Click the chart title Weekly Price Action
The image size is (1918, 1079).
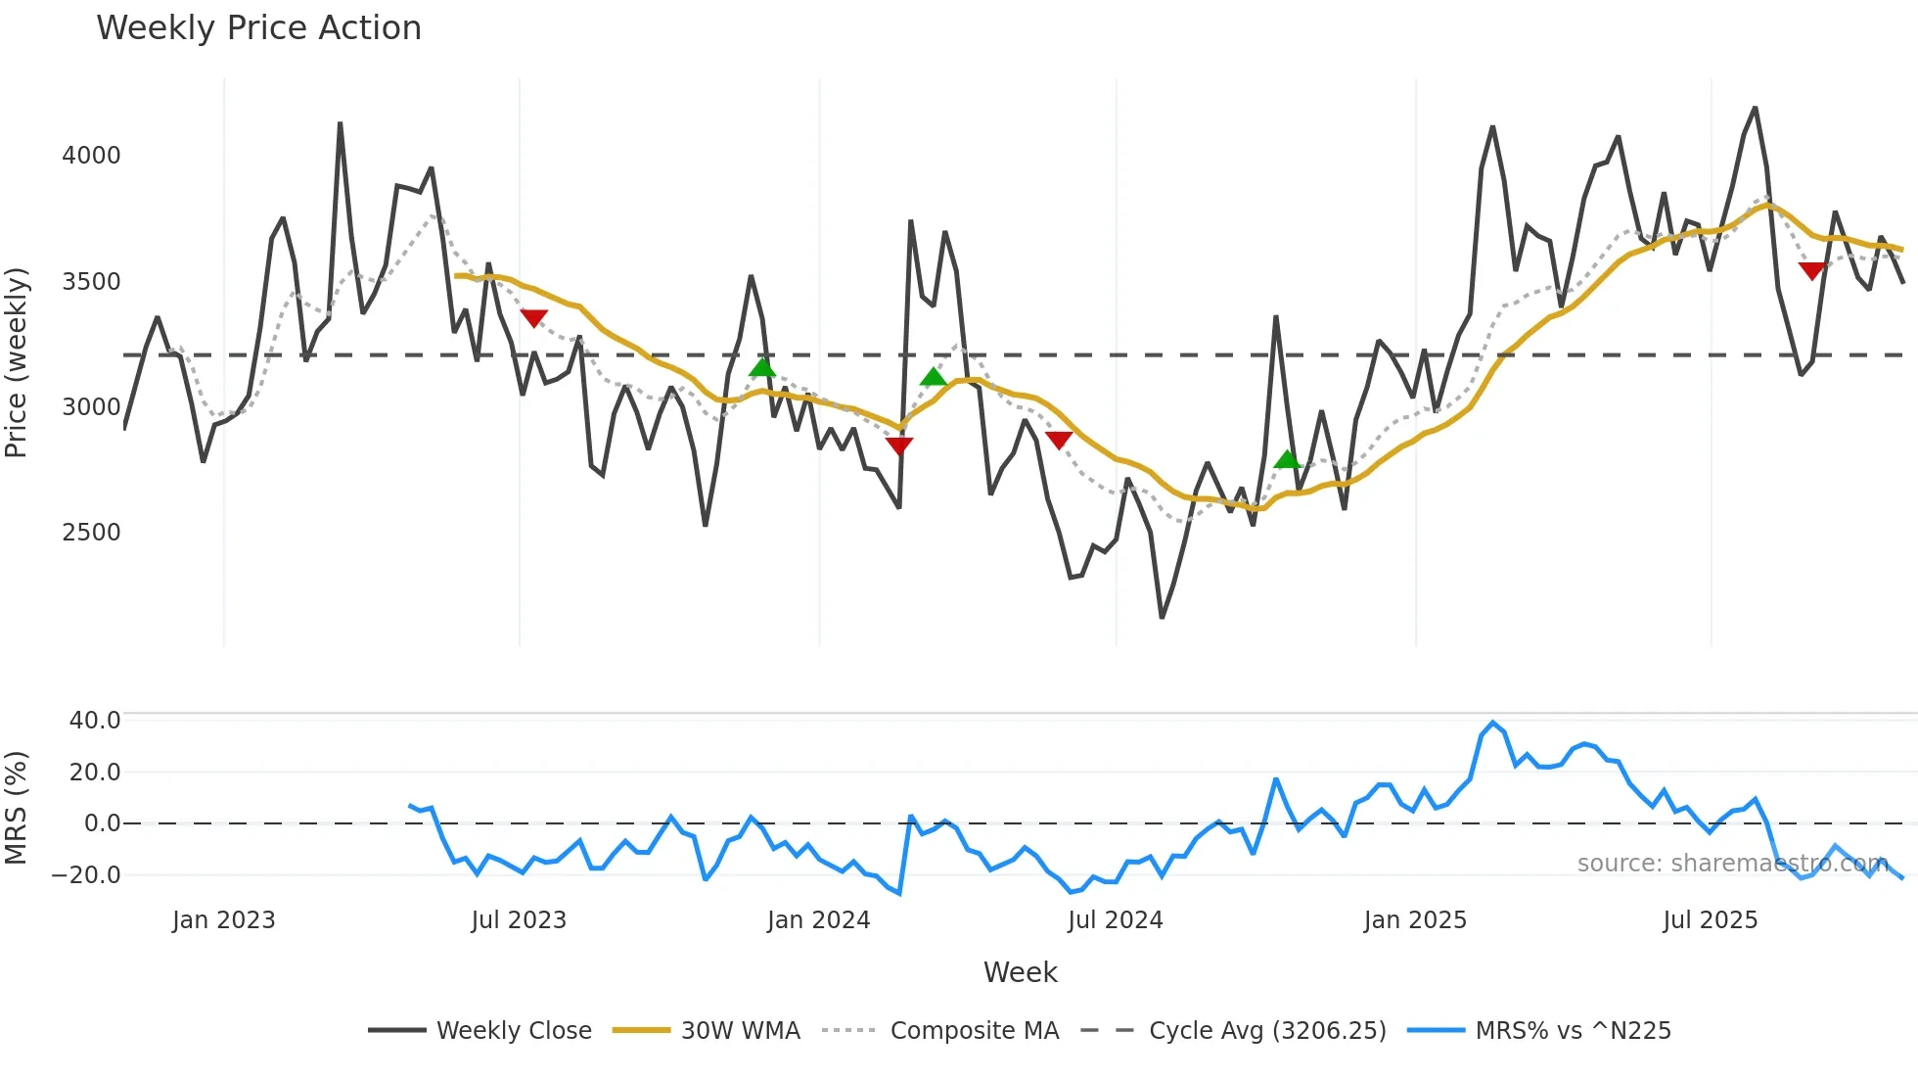click(x=258, y=28)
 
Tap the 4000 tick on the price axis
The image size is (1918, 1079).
click(x=91, y=156)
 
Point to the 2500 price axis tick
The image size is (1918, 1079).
click(x=91, y=533)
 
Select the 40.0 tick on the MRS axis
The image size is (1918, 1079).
click(x=95, y=721)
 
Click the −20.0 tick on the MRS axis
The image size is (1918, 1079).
click(x=87, y=875)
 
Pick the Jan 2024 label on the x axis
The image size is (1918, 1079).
click(x=818, y=920)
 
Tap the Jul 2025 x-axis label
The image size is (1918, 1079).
click(x=1710, y=920)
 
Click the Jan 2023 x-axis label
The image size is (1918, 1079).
click(x=223, y=920)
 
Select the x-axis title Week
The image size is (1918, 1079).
click(x=1020, y=972)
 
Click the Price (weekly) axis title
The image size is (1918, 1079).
click(x=17, y=362)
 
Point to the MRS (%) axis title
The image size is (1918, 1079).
click(x=17, y=808)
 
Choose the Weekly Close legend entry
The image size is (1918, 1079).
click(x=479, y=1031)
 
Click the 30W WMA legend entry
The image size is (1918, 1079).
click(x=707, y=1031)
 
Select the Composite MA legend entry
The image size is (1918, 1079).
click(x=940, y=1031)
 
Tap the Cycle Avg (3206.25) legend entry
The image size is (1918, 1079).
click(x=1233, y=1031)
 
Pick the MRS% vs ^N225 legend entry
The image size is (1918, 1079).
click(x=1538, y=1031)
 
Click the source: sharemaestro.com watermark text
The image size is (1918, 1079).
click(x=1732, y=864)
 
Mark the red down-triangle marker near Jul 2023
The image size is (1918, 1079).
click(x=533, y=318)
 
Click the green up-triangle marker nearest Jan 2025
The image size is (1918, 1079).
click(x=1288, y=458)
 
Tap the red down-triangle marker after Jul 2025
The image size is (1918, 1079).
click(x=1811, y=270)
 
